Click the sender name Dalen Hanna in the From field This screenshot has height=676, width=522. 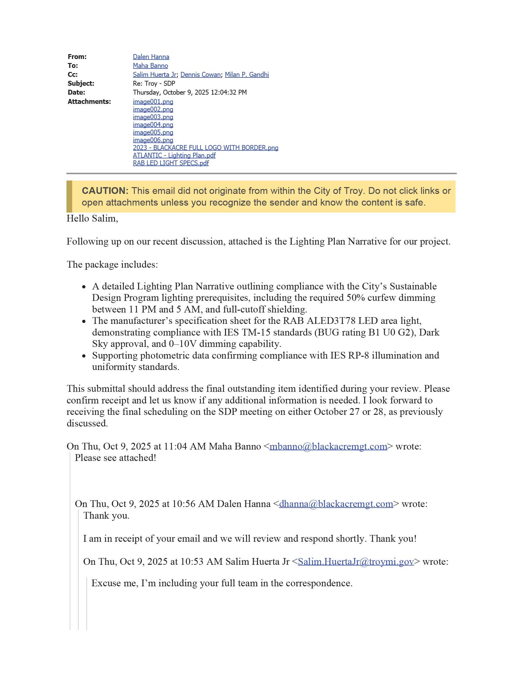151,57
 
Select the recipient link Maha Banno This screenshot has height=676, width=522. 150,66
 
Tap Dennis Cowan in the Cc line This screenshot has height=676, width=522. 201,75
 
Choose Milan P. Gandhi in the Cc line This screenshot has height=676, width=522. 247,75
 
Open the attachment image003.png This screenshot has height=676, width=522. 153,117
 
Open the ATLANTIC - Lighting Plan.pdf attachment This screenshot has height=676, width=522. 174,156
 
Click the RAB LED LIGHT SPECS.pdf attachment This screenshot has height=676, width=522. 171,163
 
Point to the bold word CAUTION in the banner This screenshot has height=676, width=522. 105,191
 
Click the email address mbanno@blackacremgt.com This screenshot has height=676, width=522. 328,447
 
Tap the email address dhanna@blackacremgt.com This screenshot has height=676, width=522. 336,504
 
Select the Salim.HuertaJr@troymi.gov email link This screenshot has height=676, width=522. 356,562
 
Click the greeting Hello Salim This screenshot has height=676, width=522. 92,219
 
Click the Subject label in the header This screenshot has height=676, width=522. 81,84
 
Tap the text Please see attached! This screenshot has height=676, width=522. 115,458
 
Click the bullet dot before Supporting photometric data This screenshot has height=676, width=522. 84,356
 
